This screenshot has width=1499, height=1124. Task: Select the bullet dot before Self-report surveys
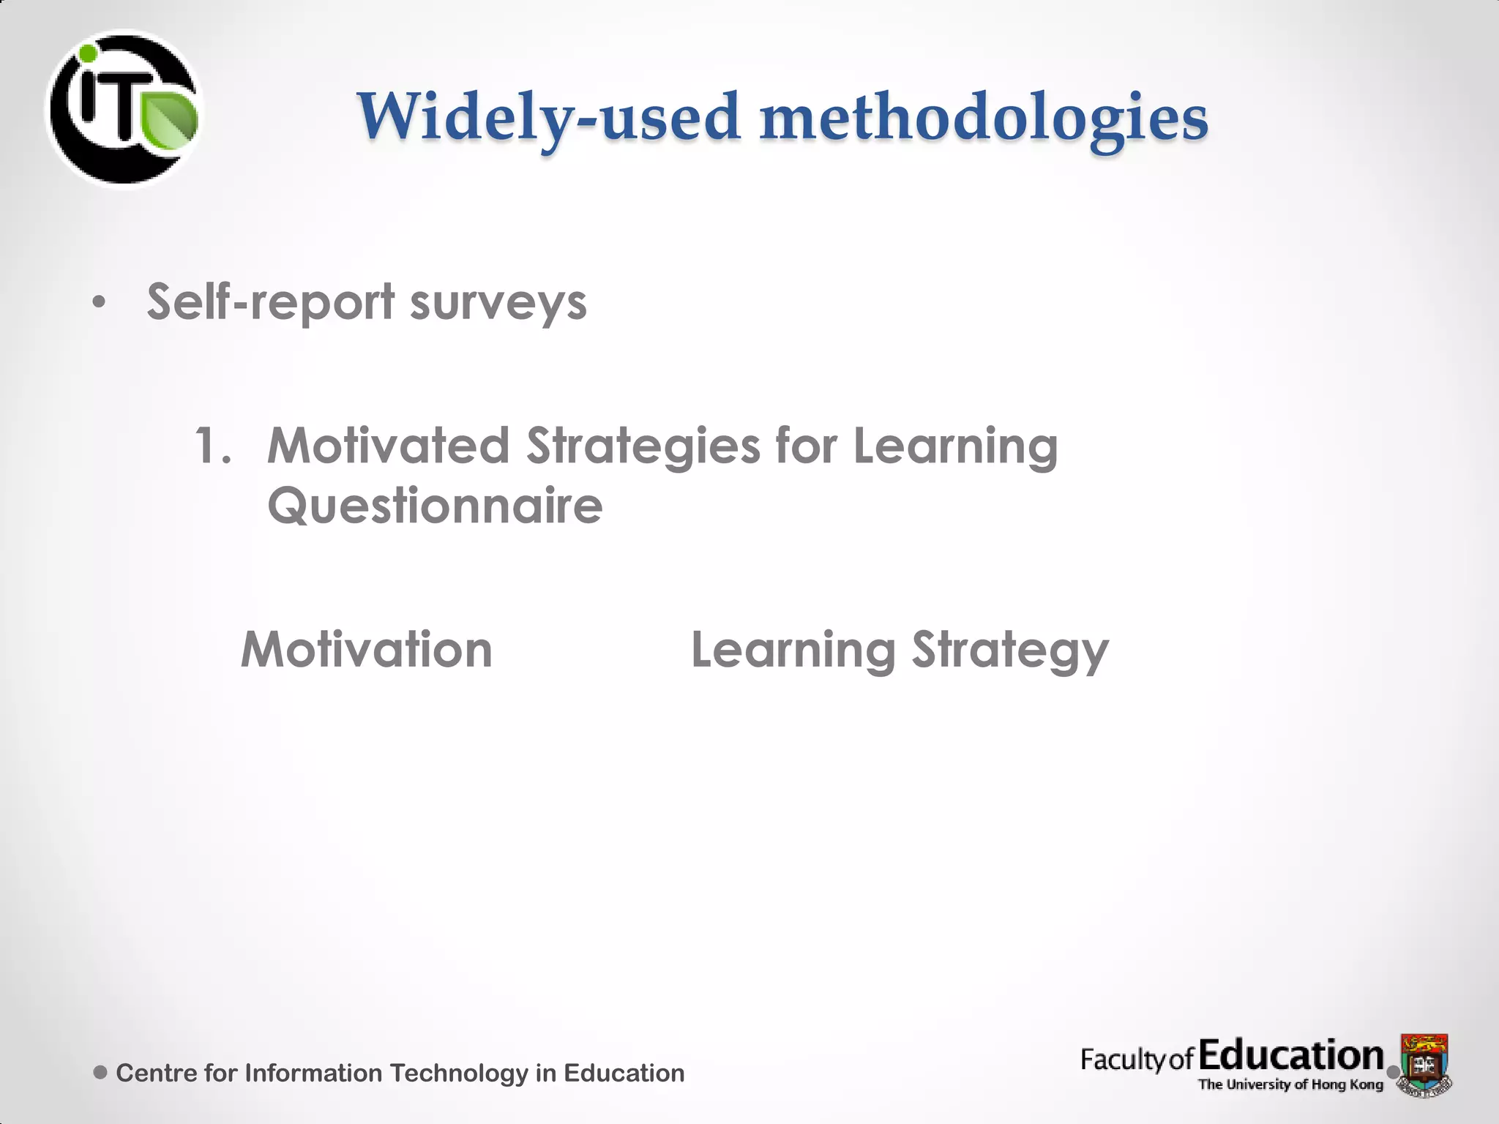tap(100, 302)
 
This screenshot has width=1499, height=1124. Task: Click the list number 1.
tap(212, 446)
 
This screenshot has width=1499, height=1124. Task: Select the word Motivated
tap(388, 446)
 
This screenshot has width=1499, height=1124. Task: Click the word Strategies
tap(643, 446)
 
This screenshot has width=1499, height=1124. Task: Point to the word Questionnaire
tap(435, 506)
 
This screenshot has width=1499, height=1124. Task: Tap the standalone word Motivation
tap(367, 650)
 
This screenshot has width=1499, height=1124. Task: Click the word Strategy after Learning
tap(1010, 650)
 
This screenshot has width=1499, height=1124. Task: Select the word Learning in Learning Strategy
tap(793, 650)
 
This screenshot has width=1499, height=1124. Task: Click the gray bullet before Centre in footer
tap(101, 1073)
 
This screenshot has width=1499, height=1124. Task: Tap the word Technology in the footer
tap(459, 1073)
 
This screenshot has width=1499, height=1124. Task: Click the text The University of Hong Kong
tap(1290, 1084)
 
